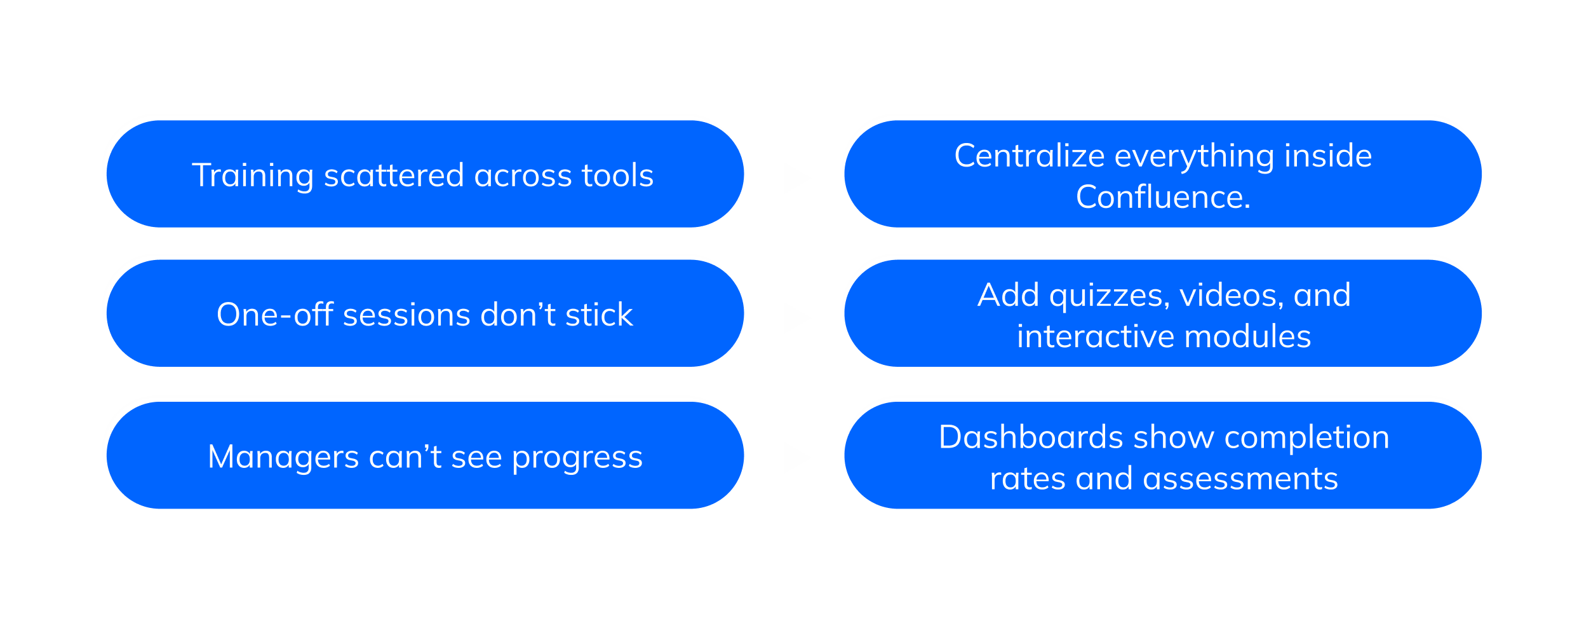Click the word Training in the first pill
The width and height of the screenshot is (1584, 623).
click(252, 176)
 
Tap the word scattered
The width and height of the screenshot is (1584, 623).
click(394, 175)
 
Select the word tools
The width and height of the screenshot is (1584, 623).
click(617, 175)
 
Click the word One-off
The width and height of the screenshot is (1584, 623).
click(275, 314)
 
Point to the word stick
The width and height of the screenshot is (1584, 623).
click(599, 314)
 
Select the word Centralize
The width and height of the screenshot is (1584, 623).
click(1030, 156)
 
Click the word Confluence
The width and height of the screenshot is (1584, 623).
click(1163, 197)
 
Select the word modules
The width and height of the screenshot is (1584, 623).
click(1247, 336)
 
